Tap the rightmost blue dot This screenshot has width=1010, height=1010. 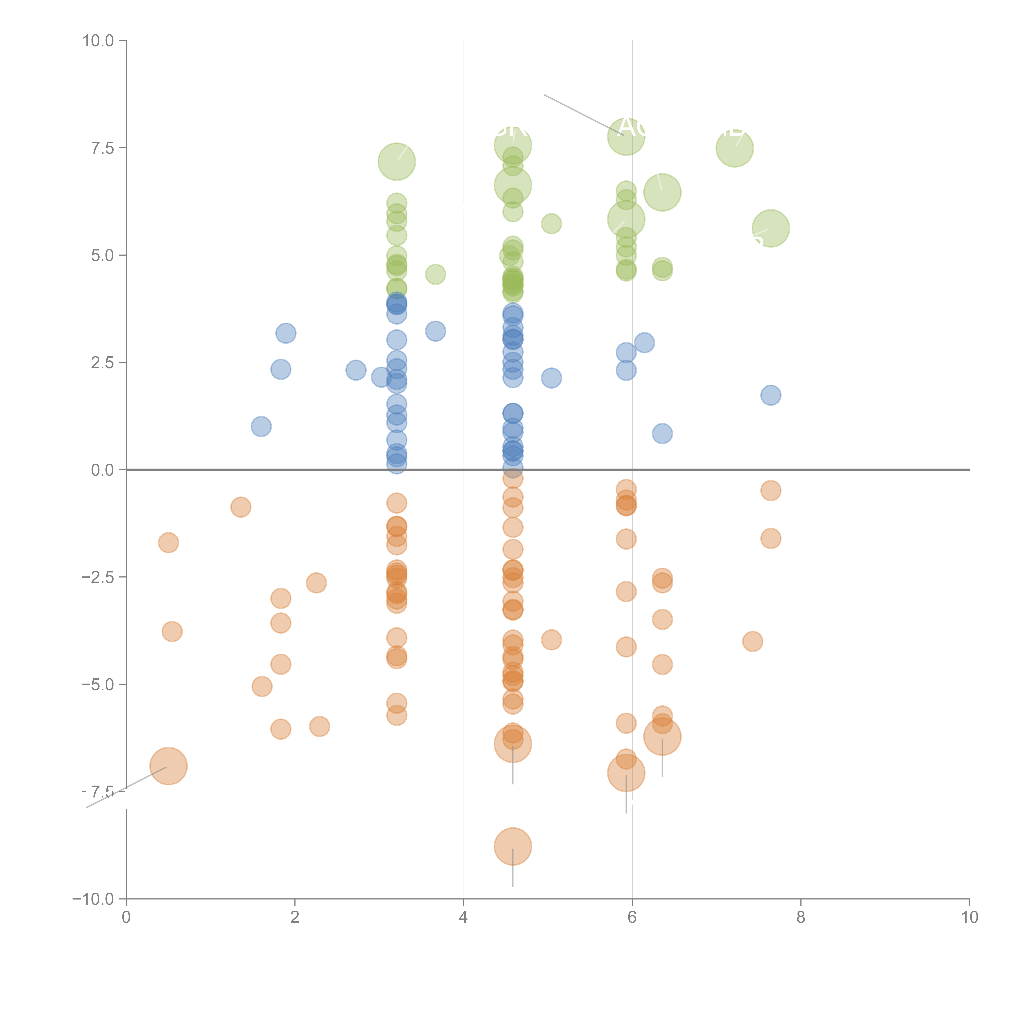pos(771,395)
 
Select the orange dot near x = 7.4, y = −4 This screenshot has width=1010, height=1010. pos(752,641)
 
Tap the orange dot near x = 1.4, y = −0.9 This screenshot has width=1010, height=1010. pos(240,507)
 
